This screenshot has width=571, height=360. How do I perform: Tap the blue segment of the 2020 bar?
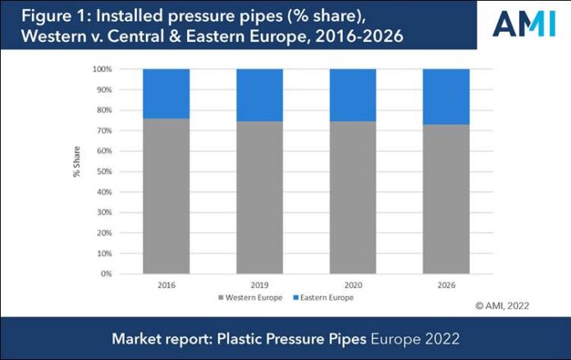pyautogui.click(x=353, y=95)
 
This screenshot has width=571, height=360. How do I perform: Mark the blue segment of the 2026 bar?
pyautogui.click(x=446, y=97)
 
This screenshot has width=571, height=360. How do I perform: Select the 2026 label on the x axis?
pyautogui.click(x=446, y=285)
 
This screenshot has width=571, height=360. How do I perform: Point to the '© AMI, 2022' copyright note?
pyautogui.click(x=502, y=305)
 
